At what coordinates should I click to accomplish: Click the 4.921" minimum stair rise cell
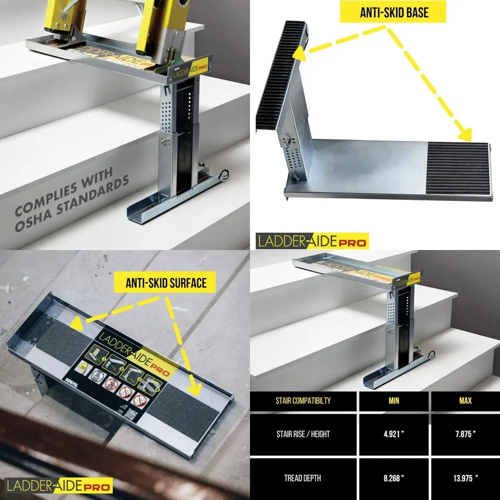[393, 434]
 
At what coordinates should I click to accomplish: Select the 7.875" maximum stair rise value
[465, 434]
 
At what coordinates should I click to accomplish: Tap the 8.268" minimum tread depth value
[393, 477]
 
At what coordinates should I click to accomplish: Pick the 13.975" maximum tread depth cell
[465, 477]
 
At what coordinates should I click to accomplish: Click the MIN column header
[393, 401]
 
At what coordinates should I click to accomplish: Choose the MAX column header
[465, 401]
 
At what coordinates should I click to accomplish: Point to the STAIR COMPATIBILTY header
[303, 401]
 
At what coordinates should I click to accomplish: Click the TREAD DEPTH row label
[303, 477]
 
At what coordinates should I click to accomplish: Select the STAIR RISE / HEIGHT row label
[303, 434]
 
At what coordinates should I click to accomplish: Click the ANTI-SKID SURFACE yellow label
[166, 283]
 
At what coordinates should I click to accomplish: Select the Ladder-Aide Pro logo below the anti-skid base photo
[312, 241]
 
